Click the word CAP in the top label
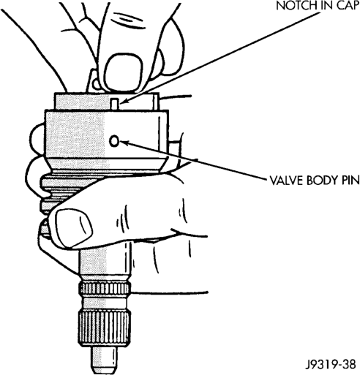click(x=348, y=6)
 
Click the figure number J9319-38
click(x=330, y=365)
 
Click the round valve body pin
click(x=114, y=141)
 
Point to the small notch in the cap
click(x=114, y=104)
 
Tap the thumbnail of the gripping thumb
click(x=74, y=225)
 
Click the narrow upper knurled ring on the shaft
click(x=105, y=289)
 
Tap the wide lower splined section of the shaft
click(x=105, y=326)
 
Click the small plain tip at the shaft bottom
click(x=105, y=358)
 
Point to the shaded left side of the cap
click(x=75, y=133)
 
